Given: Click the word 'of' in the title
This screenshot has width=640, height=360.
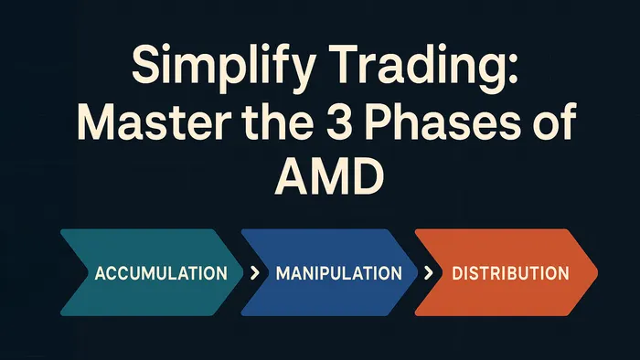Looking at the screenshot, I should point(556,122).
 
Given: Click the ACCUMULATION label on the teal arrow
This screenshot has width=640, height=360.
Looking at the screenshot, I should point(161,273).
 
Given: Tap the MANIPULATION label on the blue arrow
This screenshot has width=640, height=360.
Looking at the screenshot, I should point(338,273).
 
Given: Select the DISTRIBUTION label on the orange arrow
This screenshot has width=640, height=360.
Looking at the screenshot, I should point(510,273).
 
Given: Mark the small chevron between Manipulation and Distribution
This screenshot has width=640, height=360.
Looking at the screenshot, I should point(427,273).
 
